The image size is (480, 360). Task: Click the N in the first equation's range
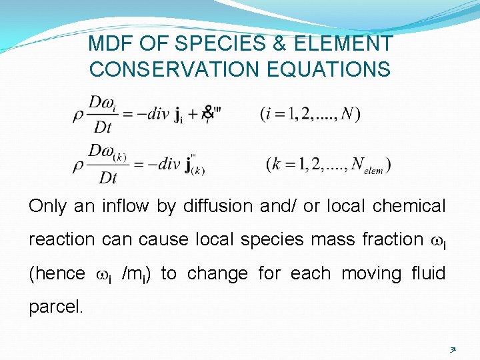(347, 115)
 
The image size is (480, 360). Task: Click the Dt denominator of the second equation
(108, 177)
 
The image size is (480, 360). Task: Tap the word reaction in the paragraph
(58, 239)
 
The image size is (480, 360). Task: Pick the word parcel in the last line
(55, 307)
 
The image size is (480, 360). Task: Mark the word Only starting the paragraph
(47, 207)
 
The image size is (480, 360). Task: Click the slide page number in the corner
(453, 348)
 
